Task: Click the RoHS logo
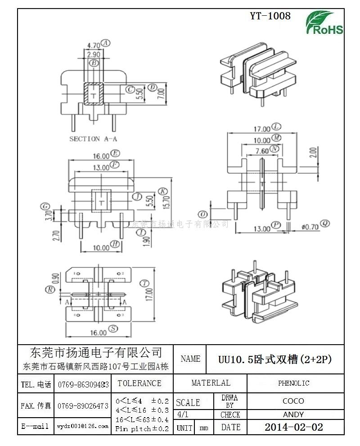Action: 324,23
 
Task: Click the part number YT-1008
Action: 270,16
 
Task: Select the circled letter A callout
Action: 106,43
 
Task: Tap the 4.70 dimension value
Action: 93,45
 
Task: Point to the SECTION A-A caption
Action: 93,139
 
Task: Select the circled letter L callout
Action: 277,127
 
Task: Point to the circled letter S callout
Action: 114,329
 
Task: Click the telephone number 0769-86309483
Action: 83,385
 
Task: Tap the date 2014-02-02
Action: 293,427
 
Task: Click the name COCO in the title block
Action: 293,401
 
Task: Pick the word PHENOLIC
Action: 293,383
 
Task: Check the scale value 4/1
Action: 183,414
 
